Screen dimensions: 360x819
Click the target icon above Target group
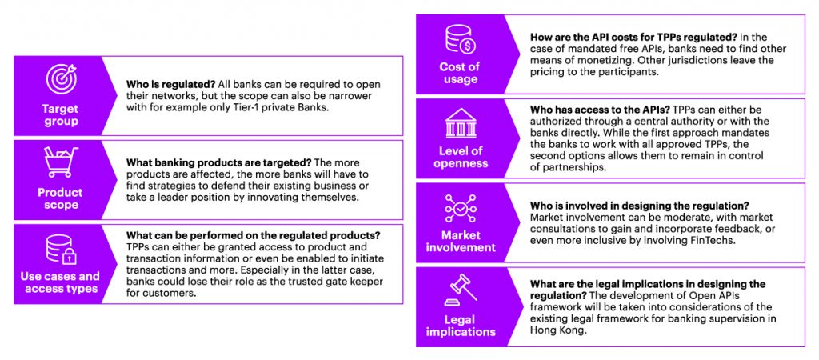tap(61, 79)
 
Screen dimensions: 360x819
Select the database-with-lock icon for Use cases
tap(61, 249)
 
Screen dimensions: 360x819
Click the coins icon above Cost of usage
tap(460, 41)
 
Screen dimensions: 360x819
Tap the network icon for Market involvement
tap(460, 210)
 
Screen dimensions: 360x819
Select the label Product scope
tap(61, 198)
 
